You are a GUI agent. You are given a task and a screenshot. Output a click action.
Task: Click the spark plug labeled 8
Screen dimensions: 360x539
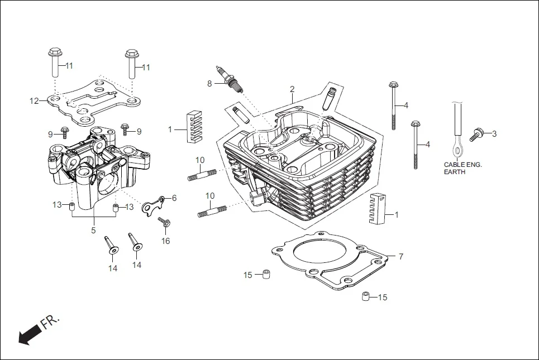click(x=231, y=79)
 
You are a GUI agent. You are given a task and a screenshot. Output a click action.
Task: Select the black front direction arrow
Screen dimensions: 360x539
click(x=29, y=335)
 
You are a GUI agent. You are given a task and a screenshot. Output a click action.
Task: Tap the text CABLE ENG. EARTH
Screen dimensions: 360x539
click(x=462, y=168)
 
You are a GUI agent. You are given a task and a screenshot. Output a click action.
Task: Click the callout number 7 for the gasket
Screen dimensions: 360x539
click(x=400, y=257)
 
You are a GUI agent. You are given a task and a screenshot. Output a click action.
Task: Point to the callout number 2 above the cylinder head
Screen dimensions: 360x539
click(x=292, y=89)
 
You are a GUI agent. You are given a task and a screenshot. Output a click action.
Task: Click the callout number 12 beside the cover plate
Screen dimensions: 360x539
click(x=35, y=101)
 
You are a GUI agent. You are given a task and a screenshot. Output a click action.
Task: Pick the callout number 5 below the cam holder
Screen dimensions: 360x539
click(x=93, y=230)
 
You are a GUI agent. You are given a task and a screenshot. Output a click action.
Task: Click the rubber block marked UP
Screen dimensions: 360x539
click(x=378, y=210)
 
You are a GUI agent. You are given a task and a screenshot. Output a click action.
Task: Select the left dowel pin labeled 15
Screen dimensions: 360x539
click(x=266, y=275)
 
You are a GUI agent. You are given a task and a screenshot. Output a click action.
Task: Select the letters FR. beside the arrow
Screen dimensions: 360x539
click(x=50, y=323)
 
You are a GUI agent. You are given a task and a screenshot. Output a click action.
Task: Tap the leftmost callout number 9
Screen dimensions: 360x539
click(x=50, y=135)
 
